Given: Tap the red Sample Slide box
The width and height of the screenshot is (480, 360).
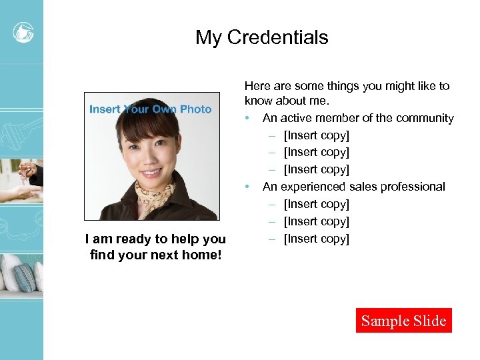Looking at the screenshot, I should point(403,321).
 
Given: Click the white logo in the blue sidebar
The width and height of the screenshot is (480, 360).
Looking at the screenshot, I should point(23,31).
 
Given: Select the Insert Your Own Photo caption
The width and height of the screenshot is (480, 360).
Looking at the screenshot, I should point(150,109).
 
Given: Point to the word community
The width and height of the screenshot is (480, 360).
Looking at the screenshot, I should point(425,118).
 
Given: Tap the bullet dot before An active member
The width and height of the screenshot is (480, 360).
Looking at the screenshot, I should point(247,119).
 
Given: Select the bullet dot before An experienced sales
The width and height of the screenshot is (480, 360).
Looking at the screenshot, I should point(247,187).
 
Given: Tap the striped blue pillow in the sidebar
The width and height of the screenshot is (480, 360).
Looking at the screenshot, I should point(25,277).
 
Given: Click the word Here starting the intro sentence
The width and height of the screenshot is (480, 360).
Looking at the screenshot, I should point(257,86).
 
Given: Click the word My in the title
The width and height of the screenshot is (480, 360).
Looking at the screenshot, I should point(208,37).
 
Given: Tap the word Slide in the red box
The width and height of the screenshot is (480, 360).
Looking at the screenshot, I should point(429,321).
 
